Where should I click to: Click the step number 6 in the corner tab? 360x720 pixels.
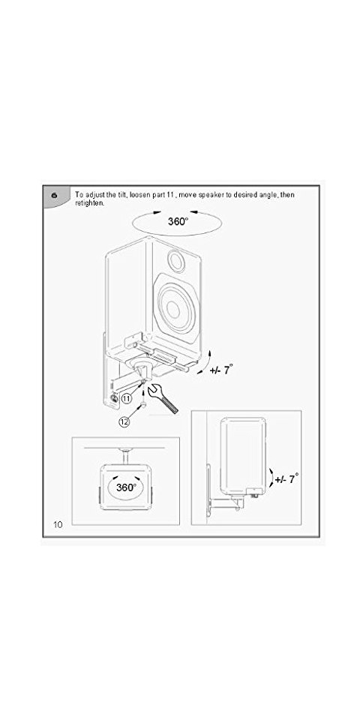(55, 195)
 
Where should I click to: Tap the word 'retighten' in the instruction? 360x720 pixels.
(88, 202)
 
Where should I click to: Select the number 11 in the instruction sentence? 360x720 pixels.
(169, 195)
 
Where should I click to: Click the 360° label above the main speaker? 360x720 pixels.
(178, 222)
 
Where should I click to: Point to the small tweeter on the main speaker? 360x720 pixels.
(176, 260)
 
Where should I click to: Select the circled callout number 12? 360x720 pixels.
(124, 422)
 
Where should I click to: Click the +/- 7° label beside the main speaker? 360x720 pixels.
(221, 369)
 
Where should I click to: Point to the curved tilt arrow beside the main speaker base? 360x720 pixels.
(206, 363)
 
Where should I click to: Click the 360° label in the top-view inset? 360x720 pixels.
(125, 487)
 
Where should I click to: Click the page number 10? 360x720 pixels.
(58, 524)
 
